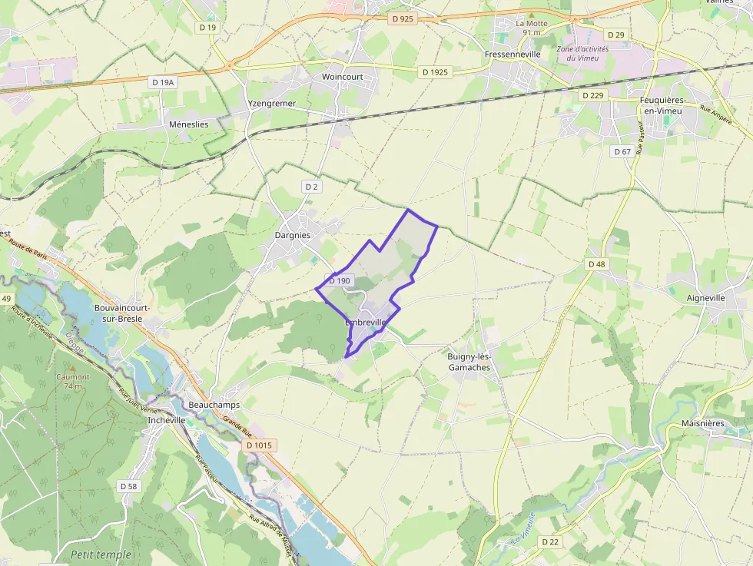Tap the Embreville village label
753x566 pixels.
coord(365,323)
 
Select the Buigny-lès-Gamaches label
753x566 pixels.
coord(469,362)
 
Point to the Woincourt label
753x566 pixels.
coord(342,77)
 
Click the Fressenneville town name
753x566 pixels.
coord(513,55)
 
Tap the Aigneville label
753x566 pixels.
coord(705,298)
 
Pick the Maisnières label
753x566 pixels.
coord(703,423)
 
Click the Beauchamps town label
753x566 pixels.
coord(214,405)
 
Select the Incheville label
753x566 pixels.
coord(167,420)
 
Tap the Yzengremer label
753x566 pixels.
coord(272,103)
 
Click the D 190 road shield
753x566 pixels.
coord(339,281)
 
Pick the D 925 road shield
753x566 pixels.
coord(403,18)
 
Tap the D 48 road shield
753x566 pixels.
coord(597,264)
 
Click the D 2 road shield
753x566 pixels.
coord(310,187)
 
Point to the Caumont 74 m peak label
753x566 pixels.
coord(73,382)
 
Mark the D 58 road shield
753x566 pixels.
coord(128,486)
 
